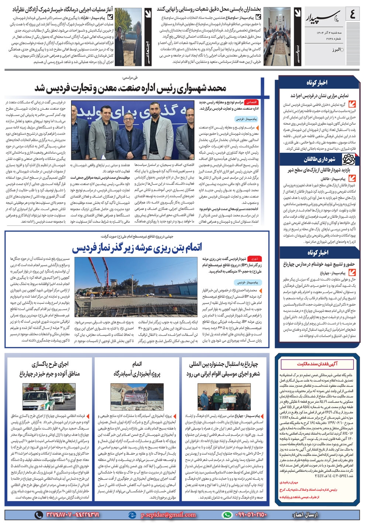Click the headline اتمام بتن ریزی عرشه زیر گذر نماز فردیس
pos(137,248)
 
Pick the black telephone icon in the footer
pos(38,515)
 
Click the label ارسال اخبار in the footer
pos(304,515)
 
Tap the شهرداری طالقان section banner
pos(320,159)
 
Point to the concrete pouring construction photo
pos(136,286)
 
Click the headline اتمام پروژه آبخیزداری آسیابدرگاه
pos(137,369)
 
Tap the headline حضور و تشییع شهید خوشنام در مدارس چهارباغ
pos(319,264)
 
